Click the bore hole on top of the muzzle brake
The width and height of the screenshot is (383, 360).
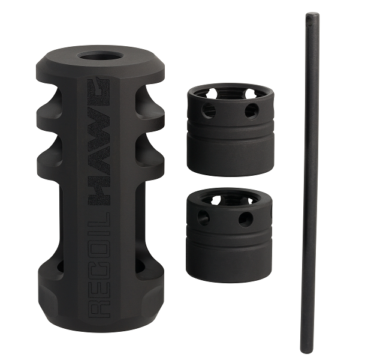click(99, 58)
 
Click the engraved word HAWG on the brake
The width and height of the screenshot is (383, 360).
click(99, 142)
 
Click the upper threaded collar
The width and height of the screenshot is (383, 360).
click(230, 130)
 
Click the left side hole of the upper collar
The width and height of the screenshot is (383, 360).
click(209, 110)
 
